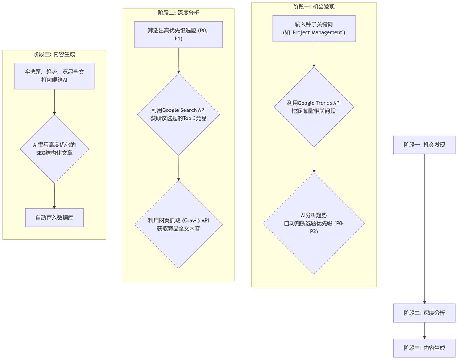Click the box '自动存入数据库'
click(54, 218)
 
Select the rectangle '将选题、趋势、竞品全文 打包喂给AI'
click(54, 76)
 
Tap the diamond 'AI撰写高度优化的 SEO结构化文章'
click(54, 149)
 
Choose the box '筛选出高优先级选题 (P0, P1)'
click(178, 35)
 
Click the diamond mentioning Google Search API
click(178, 114)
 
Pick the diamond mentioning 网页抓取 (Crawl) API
click(178, 224)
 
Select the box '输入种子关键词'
click(314, 28)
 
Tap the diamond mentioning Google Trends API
click(314, 107)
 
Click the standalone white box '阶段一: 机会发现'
click(424, 145)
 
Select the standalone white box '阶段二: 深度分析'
click(424, 313)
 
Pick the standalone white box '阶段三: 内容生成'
click(424, 348)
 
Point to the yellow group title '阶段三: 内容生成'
click(54, 54)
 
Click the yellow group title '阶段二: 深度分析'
click(178, 13)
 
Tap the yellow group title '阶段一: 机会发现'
click(314, 6)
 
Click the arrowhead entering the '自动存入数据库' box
click(54, 207)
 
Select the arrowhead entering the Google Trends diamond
click(314, 65)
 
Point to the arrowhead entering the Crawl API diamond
click(178, 179)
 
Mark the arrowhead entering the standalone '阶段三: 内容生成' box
click(424, 337)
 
